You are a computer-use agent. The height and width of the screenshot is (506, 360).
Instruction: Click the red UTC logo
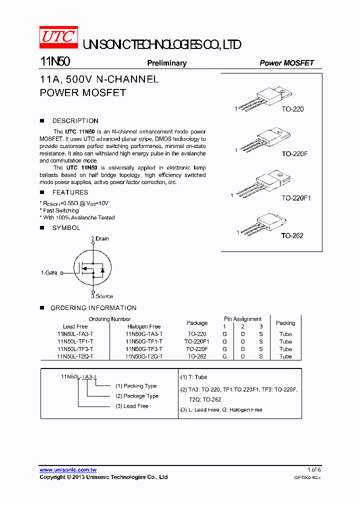(x=58, y=37)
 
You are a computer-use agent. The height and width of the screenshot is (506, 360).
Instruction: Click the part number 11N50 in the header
(x=55, y=62)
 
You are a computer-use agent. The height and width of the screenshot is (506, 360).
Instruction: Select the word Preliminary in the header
(x=166, y=63)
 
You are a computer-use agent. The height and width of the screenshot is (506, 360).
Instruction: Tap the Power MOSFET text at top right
(x=286, y=63)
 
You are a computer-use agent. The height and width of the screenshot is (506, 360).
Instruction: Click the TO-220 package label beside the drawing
(x=292, y=109)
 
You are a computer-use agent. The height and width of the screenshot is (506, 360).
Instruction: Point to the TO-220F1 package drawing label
(x=296, y=198)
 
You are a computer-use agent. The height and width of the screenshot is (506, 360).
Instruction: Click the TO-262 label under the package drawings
(x=292, y=235)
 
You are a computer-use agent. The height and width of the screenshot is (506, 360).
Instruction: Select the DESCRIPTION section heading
(x=75, y=121)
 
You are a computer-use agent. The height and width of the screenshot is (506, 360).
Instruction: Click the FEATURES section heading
(x=70, y=192)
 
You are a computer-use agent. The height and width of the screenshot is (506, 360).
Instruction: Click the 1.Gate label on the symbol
(x=49, y=273)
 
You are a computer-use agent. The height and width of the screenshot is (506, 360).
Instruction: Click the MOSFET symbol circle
(x=92, y=268)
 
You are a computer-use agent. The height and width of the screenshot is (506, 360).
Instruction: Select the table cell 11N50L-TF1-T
(x=75, y=341)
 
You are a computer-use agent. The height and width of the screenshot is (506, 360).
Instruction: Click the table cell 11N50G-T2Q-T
(x=144, y=356)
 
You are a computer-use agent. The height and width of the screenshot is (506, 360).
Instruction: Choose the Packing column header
(x=285, y=323)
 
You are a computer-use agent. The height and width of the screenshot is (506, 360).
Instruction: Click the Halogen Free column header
(x=144, y=326)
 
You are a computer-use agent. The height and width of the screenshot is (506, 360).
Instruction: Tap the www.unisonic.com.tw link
(x=68, y=469)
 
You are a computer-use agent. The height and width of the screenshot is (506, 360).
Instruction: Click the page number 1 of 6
(x=314, y=469)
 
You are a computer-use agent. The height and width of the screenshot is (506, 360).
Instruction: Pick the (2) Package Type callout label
(x=136, y=396)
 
